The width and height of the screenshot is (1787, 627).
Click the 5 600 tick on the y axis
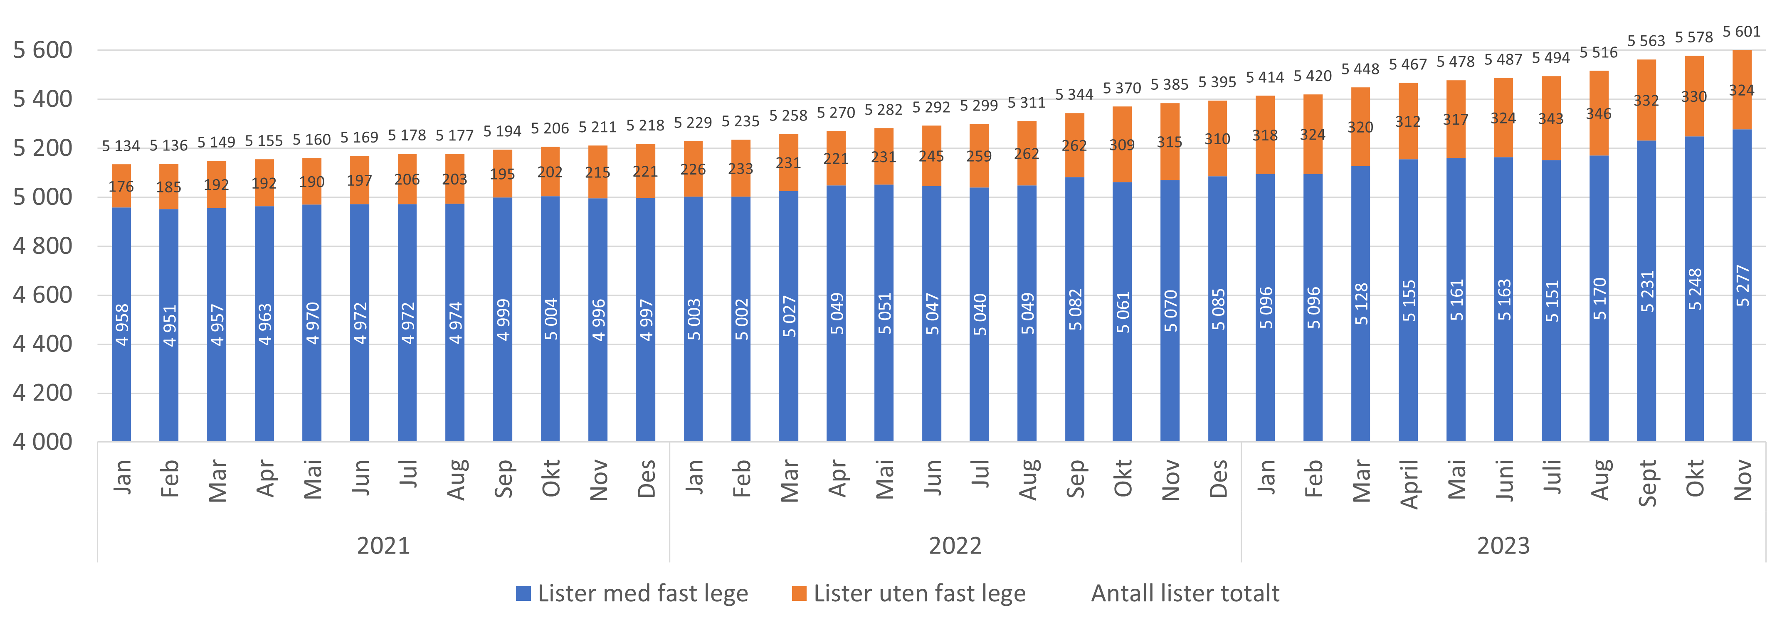click(42, 50)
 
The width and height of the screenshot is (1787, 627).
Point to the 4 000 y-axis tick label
click(42, 442)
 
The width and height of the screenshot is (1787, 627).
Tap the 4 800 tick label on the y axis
click(42, 246)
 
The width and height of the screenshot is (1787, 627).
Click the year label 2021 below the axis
click(383, 546)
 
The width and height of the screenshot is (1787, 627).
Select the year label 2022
click(955, 546)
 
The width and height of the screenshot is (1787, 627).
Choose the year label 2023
click(1503, 546)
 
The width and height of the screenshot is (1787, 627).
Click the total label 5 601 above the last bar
click(1741, 32)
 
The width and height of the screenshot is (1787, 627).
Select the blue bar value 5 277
click(1743, 286)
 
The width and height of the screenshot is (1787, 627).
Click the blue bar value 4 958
click(122, 325)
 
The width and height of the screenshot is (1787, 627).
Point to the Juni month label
click(1504, 480)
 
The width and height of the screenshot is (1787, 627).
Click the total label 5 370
click(1122, 88)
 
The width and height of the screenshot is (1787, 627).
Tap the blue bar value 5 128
click(1361, 304)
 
